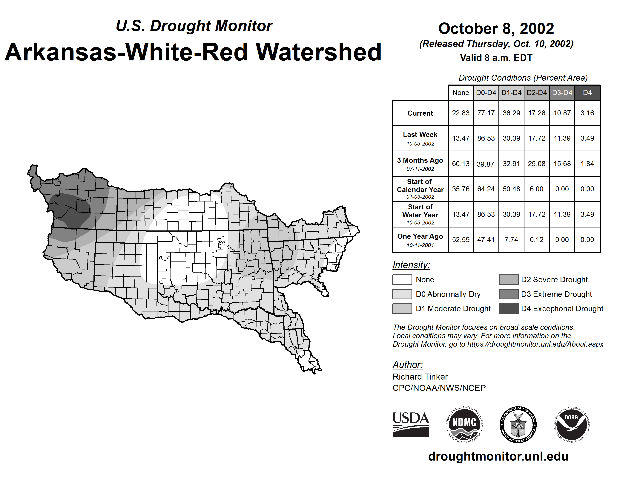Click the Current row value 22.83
(x=461, y=113)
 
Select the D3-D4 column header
(x=562, y=93)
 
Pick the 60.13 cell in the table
(x=461, y=164)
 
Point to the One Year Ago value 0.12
(x=536, y=240)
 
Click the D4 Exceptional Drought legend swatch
(x=509, y=309)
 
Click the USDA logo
(x=411, y=424)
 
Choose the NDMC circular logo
(x=464, y=424)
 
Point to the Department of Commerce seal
(x=518, y=424)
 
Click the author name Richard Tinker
(x=420, y=377)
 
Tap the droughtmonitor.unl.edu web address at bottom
(x=498, y=457)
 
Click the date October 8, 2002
(x=496, y=29)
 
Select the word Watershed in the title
(x=319, y=52)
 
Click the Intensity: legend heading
(x=411, y=265)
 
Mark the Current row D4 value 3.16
(x=587, y=113)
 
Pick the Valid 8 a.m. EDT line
(x=496, y=58)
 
